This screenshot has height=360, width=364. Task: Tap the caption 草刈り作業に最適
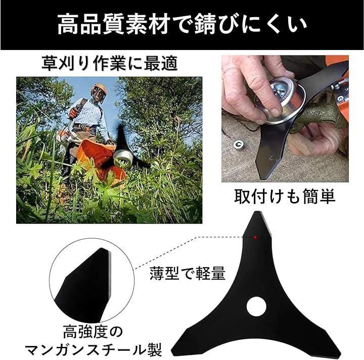(109, 63)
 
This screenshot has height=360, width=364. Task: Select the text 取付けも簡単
(285, 196)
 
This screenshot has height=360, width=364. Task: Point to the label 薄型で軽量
(188, 274)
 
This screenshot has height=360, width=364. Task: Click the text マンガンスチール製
(93, 349)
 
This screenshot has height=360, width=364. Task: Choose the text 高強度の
(93, 332)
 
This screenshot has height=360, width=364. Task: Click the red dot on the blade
(255, 237)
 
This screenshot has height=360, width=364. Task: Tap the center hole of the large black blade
(256, 306)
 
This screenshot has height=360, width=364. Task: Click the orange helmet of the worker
(100, 88)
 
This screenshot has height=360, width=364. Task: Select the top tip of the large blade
(256, 212)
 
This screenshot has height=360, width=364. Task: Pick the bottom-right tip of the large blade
(338, 355)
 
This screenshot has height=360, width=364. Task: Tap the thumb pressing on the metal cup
(271, 105)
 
